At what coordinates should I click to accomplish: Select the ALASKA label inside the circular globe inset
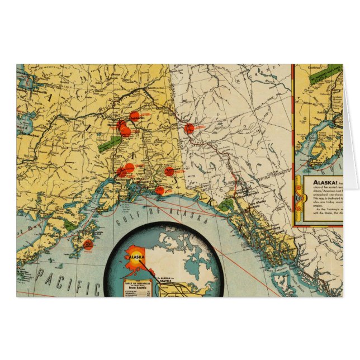tap(138, 258)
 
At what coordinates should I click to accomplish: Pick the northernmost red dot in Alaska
tap(134, 116)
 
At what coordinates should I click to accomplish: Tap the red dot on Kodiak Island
tap(87, 244)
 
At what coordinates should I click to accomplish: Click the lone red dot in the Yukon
tap(190, 128)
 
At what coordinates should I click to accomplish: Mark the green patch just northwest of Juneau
tap(225, 205)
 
